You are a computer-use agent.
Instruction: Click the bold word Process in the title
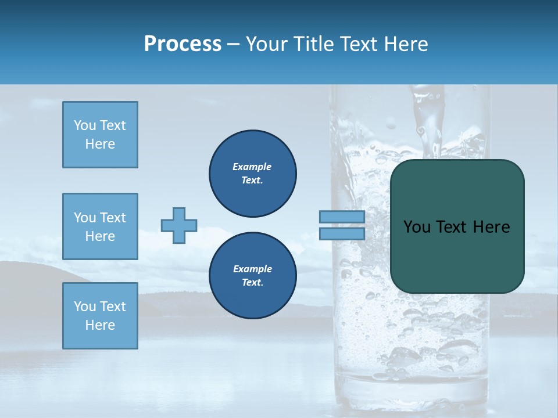[183, 44]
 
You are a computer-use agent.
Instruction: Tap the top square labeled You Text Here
[100, 135]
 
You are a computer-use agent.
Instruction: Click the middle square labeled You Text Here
[100, 226]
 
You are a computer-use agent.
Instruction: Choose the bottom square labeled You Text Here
[100, 316]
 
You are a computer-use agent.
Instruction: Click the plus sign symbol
[179, 225]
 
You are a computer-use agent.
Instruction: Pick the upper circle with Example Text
[252, 174]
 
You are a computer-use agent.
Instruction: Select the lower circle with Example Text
[252, 276]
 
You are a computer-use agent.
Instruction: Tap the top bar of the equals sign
[342, 217]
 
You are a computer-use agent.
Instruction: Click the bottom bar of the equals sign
[342, 233]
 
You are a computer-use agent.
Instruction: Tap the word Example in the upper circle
[252, 167]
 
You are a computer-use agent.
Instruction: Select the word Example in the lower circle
[252, 269]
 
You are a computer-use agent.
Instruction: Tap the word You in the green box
[417, 227]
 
